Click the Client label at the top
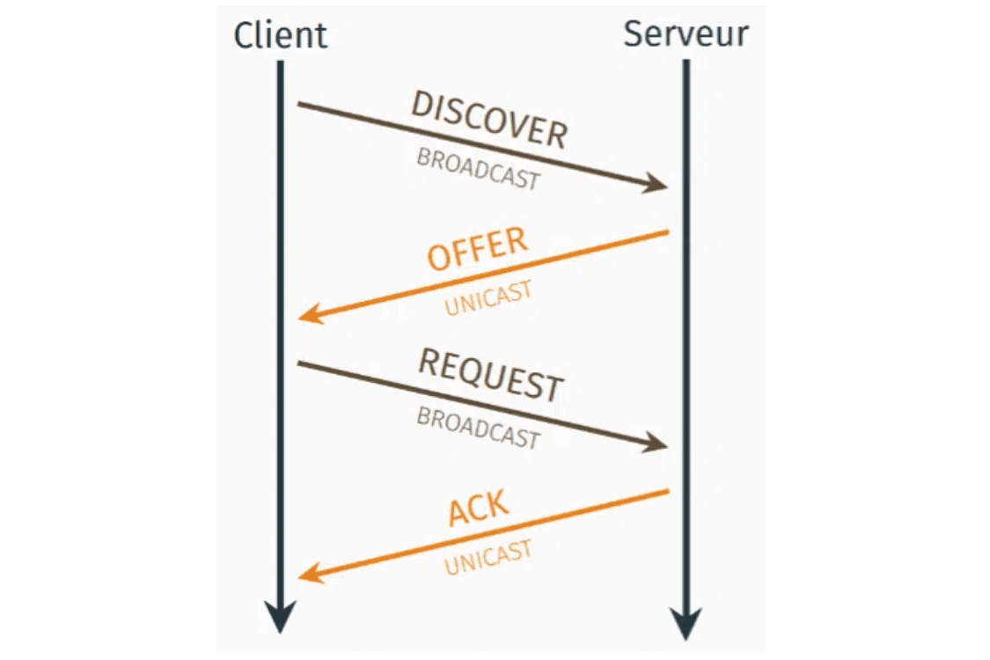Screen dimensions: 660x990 click(x=281, y=35)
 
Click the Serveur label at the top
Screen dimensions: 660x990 click(x=686, y=33)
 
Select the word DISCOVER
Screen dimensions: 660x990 click(x=489, y=119)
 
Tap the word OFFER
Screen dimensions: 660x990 click(x=477, y=249)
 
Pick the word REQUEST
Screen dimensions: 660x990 click(x=490, y=375)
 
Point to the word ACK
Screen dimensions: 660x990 click(x=479, y=509)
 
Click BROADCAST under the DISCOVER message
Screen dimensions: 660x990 click(x=478, y=169)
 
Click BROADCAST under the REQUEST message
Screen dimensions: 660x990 click(x=478, y=428)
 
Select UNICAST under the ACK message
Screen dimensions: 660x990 click(x=488, y=557)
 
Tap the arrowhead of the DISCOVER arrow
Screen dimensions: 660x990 click(x=658, y=185)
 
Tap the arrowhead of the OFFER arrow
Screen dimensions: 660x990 click(x=309, y=314)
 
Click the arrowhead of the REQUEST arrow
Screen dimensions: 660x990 click(x=658, y=444)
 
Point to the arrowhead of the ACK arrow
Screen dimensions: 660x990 click(x=309, y=574)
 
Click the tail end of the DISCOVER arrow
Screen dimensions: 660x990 click(x=299, y=104)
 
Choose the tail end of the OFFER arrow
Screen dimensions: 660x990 click(x=668, y=232)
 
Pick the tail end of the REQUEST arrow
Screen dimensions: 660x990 click(x=299, y=362)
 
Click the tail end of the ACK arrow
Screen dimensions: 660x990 click(x=668, y=491)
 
